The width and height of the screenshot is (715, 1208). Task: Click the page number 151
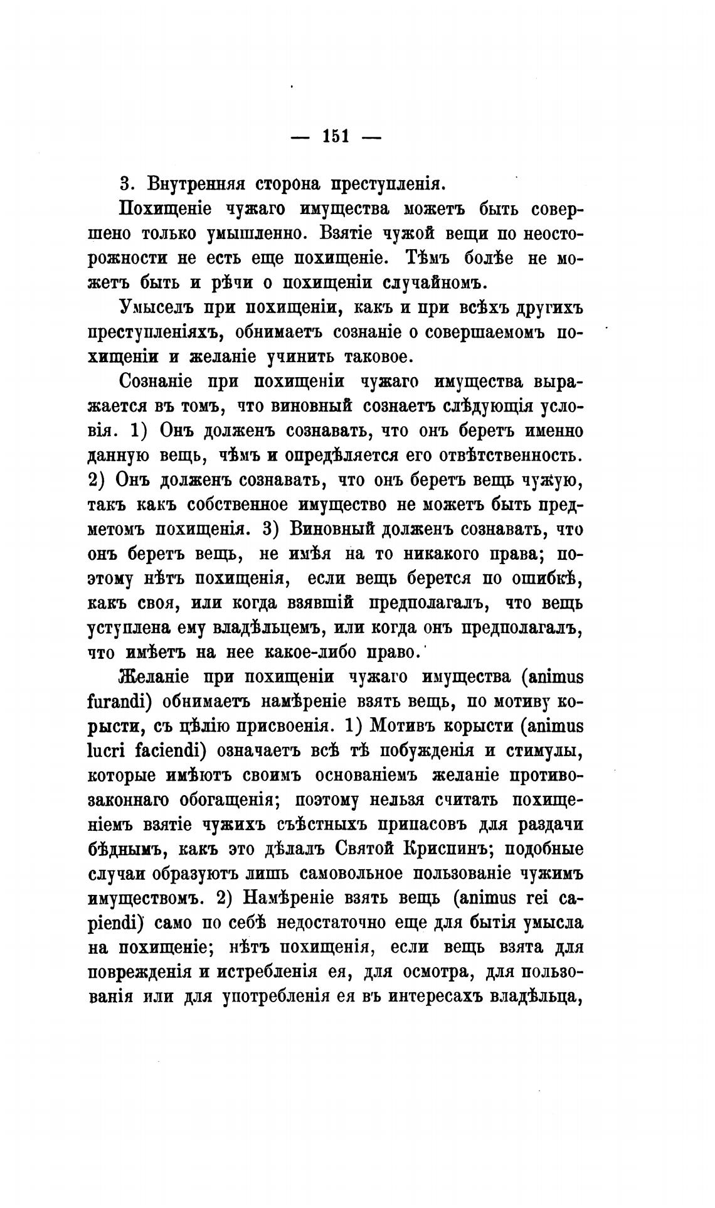click(336, 137)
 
